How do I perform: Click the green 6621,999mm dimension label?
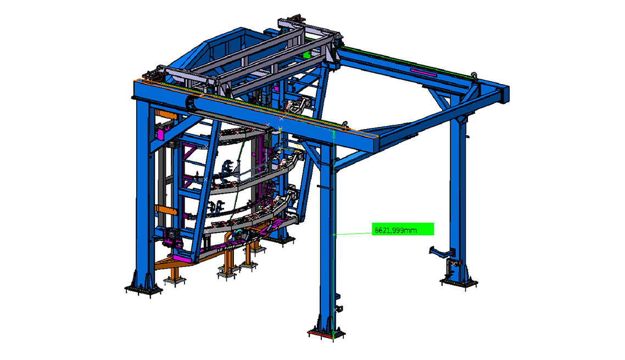point(403,229)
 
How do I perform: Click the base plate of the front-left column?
point(143,291)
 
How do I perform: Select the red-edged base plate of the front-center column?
point(327,334)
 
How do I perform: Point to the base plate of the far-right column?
point(459,283)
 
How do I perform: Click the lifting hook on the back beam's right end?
point(474,75)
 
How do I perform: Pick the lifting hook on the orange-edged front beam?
point(345,125)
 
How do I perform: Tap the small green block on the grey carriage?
point(306,54)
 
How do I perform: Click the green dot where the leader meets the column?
point(333,235)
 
